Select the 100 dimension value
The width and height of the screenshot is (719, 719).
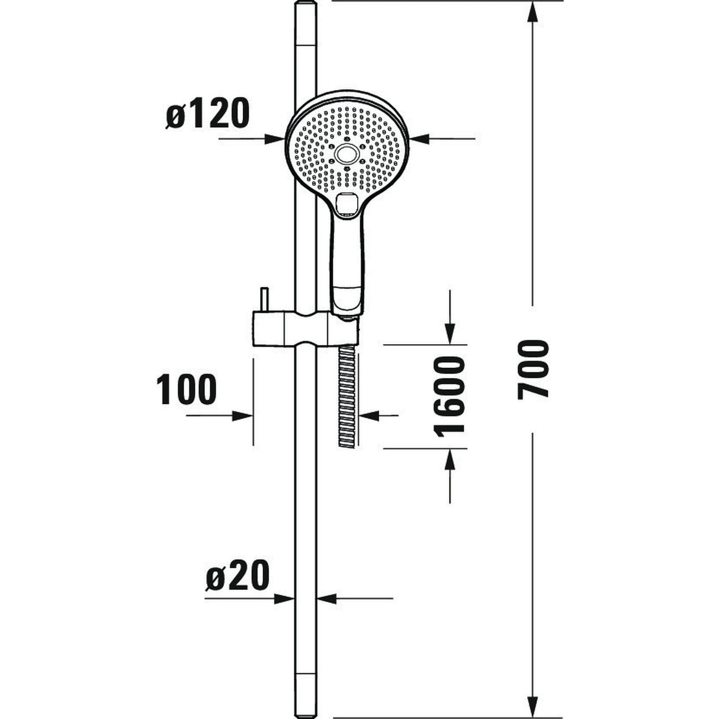click(187, 390)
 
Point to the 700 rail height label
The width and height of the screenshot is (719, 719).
click(533, 368)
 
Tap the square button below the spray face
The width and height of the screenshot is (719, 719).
click(346, 205)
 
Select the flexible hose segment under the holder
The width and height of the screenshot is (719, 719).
click(346, 396)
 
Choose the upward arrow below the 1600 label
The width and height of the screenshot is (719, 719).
click(451, 458)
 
